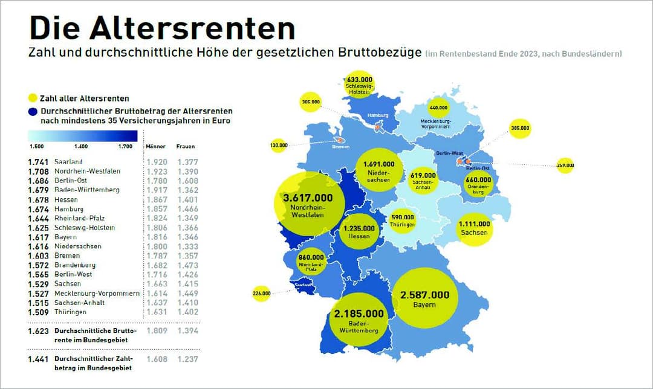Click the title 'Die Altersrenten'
162,28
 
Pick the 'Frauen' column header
186,147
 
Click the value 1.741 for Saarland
37,162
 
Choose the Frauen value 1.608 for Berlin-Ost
187,181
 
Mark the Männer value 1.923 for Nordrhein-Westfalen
157,172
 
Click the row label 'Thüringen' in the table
70,312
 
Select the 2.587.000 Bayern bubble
424,298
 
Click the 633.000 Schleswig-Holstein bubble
359,85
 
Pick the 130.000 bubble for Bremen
279,145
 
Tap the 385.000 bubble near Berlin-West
520,128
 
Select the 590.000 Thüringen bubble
402,220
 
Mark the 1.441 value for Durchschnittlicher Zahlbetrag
37,359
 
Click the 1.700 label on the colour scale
126,147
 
